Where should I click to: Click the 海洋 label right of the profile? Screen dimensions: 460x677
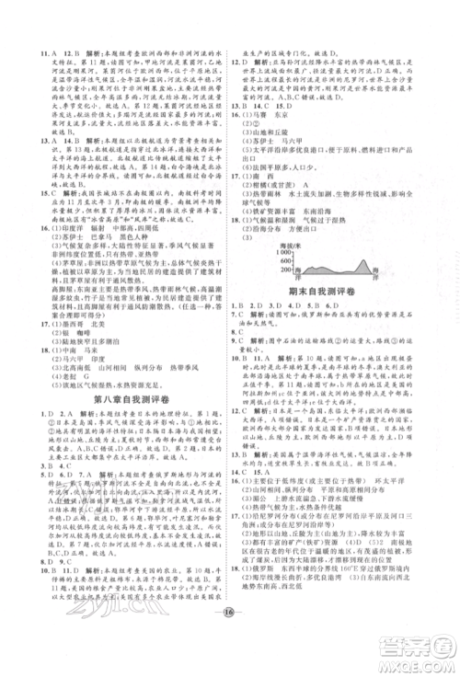point(374,272)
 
